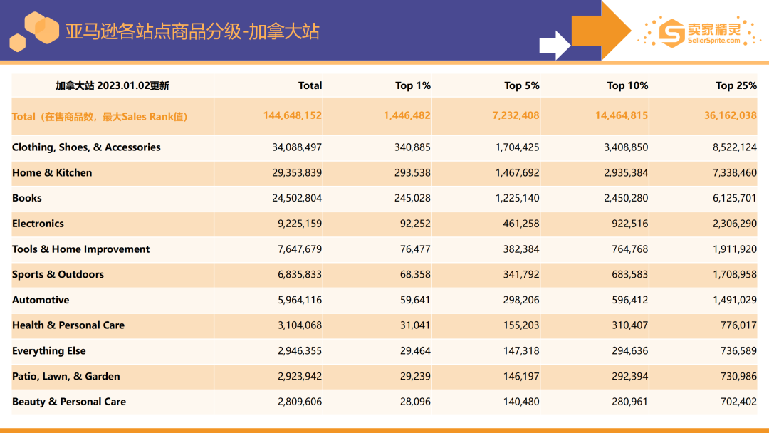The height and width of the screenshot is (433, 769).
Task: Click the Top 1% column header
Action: point(413,85)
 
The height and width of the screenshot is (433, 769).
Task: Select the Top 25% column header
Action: point(736,85)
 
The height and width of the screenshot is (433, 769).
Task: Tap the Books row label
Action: point(27,198)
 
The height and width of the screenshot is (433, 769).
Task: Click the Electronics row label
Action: point(38,224)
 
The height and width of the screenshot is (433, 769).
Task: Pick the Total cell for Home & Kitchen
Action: point(297,173)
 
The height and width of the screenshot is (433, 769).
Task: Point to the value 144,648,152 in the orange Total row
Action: point(292,115)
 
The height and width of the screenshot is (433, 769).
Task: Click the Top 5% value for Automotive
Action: point(518,301)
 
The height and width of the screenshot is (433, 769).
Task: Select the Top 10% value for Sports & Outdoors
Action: point(627,275)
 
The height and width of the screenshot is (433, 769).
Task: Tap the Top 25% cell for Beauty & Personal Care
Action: point(738,402)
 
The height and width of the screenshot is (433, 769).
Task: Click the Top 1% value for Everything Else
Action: point(415,351)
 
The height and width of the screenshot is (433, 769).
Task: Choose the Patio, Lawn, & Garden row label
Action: point(66,377)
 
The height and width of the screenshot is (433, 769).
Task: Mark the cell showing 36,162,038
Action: point(731,115)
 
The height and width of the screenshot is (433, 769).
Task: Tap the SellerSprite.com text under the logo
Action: point(713,41)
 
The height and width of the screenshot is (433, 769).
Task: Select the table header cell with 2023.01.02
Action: point(113,86)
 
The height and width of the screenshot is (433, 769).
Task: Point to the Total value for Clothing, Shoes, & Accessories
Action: point(297,147)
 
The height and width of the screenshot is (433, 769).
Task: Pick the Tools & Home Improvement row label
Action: point(80,249)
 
